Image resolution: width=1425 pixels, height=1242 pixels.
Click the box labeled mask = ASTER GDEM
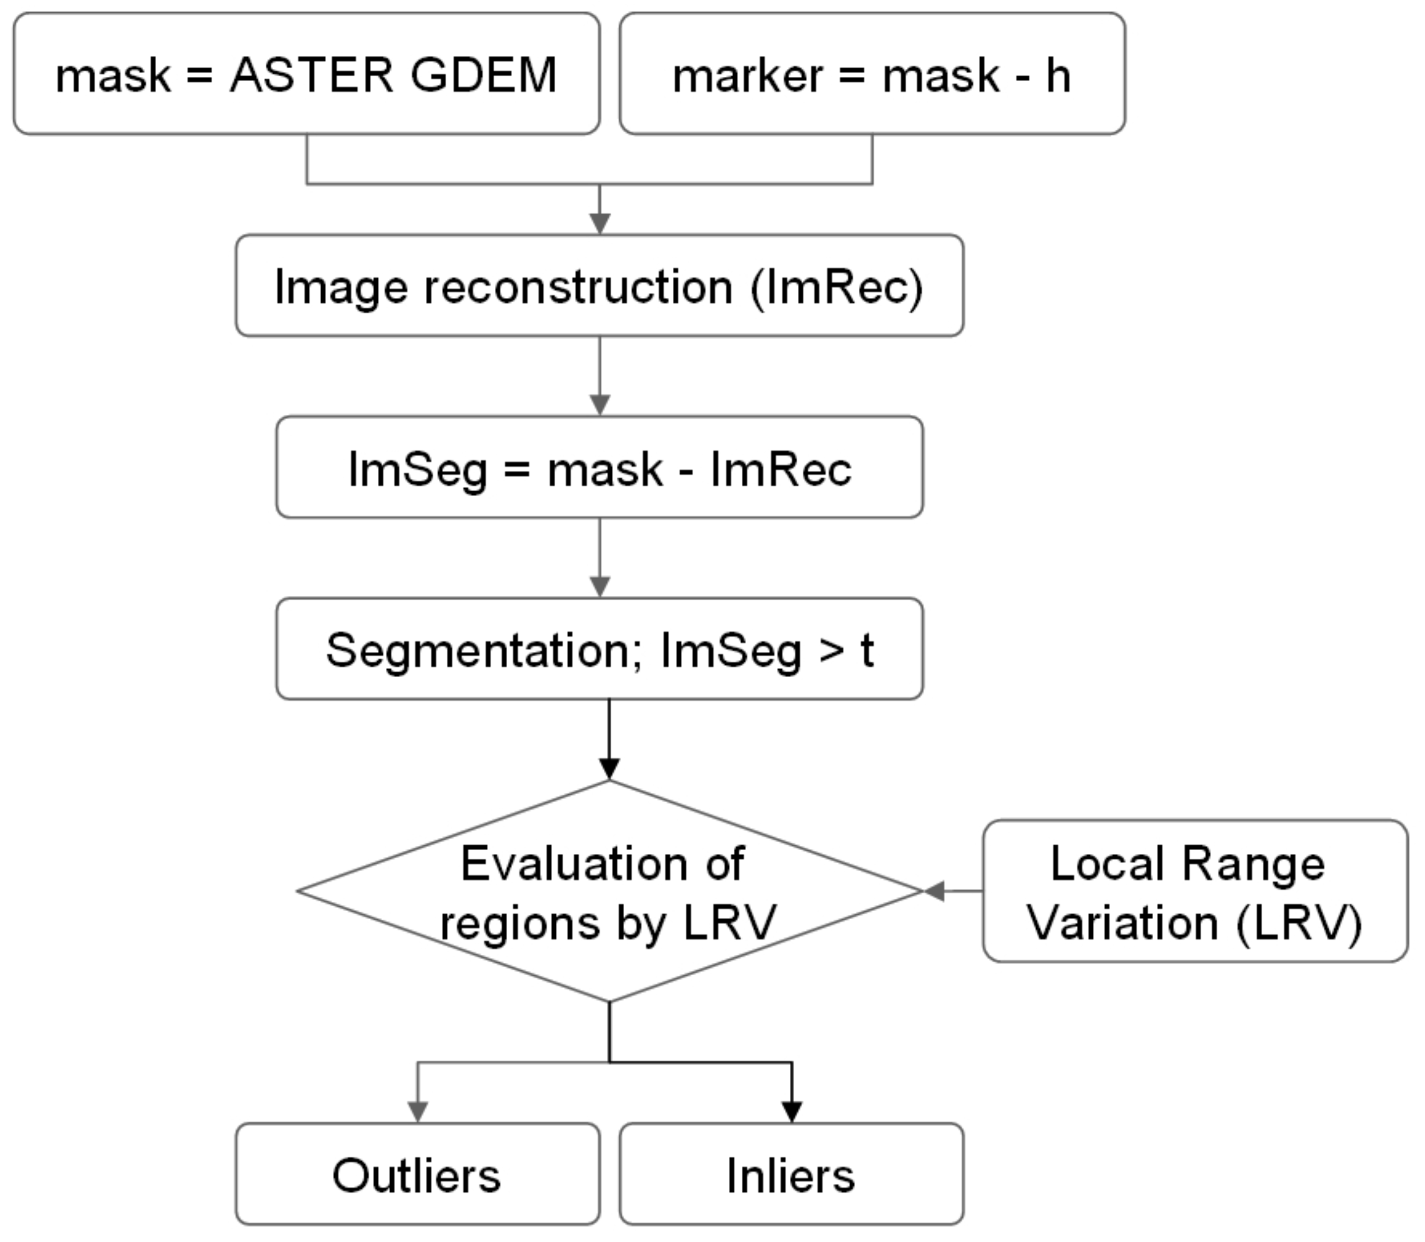pyautogui.click(x=307, y=74)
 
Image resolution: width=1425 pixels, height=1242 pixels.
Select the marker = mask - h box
pyautogui.click(x=872, y=74)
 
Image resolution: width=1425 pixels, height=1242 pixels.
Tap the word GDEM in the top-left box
pyautogui.click(x=484, y=75)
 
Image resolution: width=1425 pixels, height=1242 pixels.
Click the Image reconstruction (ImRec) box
pyautogui.click(x=599, y=286)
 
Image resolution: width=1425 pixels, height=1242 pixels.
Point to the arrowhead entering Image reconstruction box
pyautogui.click(x=600, y=224)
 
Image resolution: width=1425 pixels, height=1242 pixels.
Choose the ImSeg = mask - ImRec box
pyautogui.click(x=599, y=467)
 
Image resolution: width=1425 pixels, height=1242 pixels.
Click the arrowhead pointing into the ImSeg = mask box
pyautogui.click(x=600, y=405)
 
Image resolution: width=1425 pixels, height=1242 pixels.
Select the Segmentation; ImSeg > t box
pyautogui.click(x=599, y=648)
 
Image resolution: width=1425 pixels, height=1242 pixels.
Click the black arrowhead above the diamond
pyautogui.click(x=609, y=768)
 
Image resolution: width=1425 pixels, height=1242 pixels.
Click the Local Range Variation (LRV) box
pyautogui.click(x=1195, y=892)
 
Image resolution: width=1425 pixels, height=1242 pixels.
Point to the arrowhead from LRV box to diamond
pyautogui.click(x=934, y=892)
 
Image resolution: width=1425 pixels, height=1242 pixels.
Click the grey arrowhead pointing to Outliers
pyautogui.click(x=418, y=1112)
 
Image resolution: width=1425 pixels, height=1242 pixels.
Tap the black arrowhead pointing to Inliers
pyautogui.click(x=792, y=1112)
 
